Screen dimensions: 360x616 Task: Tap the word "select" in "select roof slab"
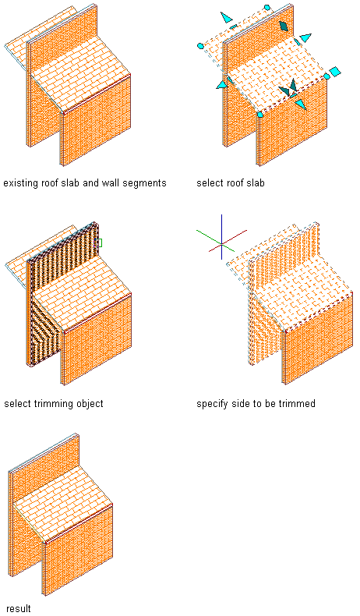[210, 183]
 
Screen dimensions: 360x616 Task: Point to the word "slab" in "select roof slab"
[255, 183]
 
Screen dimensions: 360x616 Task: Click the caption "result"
[19, 608]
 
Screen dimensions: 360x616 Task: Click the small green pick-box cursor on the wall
[99, 243]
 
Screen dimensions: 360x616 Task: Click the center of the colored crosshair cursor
[222, 244]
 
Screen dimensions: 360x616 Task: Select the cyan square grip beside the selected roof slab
[335, 72]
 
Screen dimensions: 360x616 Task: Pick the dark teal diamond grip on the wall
[284, 26]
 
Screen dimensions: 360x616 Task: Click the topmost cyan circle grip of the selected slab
[267, 7]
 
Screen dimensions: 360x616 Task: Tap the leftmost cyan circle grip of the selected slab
[200, 46]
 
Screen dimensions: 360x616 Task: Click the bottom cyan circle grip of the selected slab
[259, 115]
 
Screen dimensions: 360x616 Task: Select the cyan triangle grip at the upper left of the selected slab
[226, 17]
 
